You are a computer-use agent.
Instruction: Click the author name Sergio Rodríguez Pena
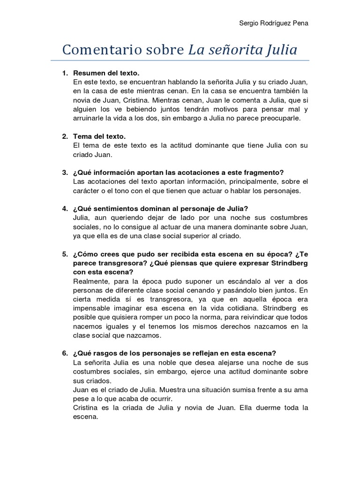(x=274, y=24)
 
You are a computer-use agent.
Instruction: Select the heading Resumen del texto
(x=106, y=74)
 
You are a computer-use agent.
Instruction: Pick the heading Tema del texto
(x=99, y=136)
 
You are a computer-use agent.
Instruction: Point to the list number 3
(x=65, y=172)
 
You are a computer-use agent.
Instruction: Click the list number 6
(x=65, y=353)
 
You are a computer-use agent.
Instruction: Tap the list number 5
(x=65, y=254)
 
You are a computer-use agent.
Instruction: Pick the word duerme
(x=260, y=407)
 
